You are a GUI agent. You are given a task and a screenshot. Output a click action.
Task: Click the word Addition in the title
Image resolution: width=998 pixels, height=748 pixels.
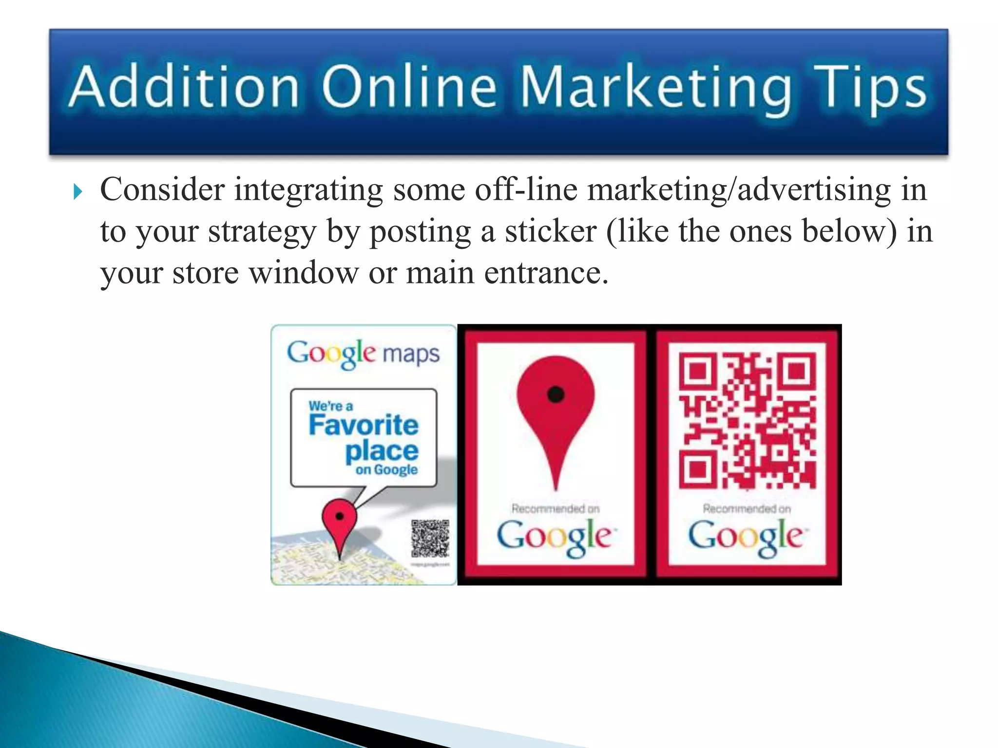click(x=184, y=86)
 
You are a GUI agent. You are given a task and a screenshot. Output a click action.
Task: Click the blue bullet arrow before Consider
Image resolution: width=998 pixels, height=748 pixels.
click(x=78, y=192)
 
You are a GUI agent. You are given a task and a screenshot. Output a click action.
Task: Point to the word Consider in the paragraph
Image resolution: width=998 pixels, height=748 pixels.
click(x=162, y=189)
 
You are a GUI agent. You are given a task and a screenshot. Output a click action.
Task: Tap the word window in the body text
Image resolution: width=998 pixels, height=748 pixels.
click(x=304, y=273)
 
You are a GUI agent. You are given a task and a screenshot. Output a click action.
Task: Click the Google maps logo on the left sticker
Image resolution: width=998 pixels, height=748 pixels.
click(x=363, y=354)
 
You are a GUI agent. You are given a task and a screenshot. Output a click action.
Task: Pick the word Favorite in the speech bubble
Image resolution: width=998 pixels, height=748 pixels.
click(x=364, y=425)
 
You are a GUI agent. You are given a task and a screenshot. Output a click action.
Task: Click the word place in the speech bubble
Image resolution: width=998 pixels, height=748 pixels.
click(x=382, y=450)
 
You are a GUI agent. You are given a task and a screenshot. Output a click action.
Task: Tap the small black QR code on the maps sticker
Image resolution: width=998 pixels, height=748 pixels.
click(x=430, y=538)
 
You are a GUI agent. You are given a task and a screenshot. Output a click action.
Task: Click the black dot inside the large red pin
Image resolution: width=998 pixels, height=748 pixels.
click(x=556, y=394)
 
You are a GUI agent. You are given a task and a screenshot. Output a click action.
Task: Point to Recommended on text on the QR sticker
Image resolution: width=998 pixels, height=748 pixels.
click(x=747, y=509)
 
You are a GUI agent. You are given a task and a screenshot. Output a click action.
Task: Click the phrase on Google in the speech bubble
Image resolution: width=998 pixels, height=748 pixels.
click(x=386, y=470)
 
